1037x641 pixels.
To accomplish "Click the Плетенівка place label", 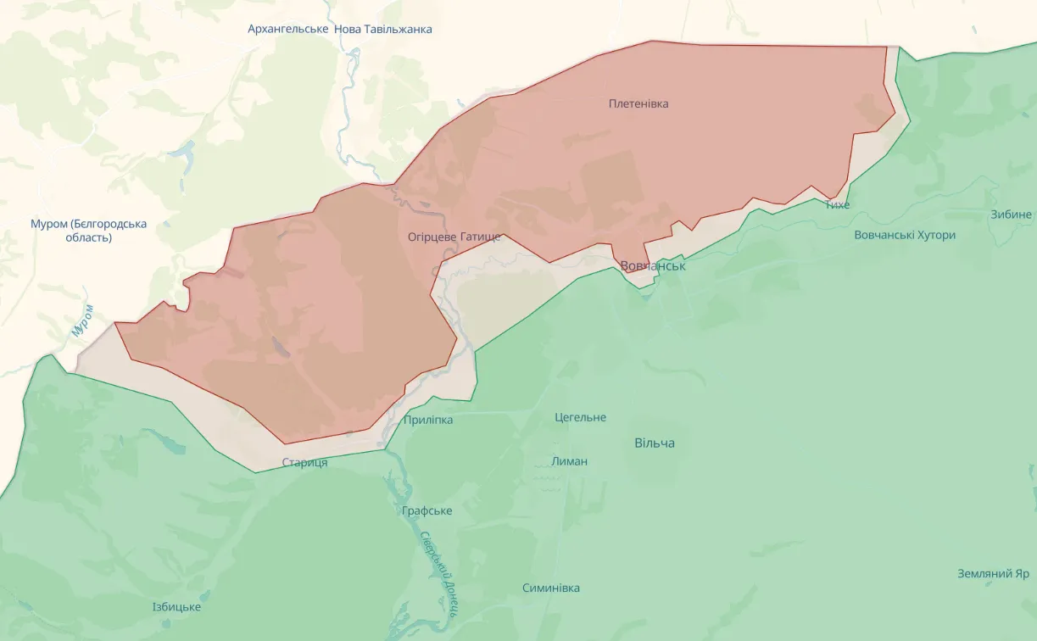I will click(638, 103).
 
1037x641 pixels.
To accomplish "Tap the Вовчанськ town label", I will click(653, 266).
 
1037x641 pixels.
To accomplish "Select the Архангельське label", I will click(288, 29).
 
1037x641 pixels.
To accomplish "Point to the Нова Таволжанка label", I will click(383, 29).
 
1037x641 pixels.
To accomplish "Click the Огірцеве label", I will click(432, 237).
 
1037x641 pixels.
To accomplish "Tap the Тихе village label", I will click(837, 204).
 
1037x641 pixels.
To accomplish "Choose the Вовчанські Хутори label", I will click(905, 235).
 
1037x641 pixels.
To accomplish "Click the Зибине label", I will click(1011, 215).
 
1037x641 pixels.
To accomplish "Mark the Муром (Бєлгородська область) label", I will click(88, 231).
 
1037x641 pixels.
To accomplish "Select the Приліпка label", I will click(428, 420).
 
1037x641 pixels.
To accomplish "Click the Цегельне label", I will click(581, 417).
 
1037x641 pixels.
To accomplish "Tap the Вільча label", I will click(655, 443).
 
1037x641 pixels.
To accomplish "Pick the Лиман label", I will click(569, 461).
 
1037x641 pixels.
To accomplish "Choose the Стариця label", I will click(304, 462).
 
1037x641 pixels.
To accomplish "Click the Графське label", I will click(427, 510).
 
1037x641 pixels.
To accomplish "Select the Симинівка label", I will click(551, 588).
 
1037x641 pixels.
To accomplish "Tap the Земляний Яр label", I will click(993, 573).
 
